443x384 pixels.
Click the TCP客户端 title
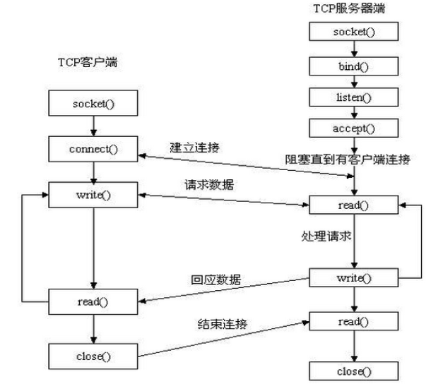point(87,62)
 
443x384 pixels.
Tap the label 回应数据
point(215,280)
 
